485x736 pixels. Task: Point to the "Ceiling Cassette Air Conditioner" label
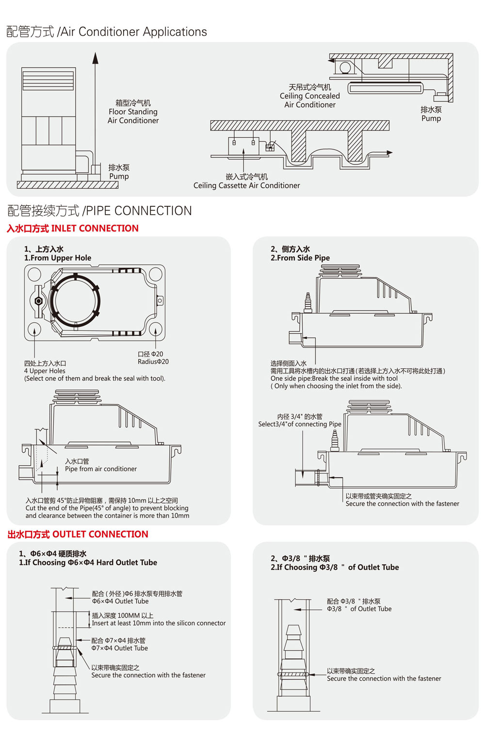(x=246, y=185)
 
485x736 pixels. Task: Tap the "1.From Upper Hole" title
(x=58, y=258)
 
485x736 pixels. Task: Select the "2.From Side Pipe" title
(x=300, y=258)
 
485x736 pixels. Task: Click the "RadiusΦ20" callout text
(x=153, y=361)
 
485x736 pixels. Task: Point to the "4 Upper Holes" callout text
(x=45, y=371)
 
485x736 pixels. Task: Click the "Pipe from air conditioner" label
(x=101, y=469)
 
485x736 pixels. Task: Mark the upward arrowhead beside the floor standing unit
(x=96, y=58)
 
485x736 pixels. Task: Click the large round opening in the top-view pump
(x=75, y=301)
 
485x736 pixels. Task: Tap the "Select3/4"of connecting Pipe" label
(x=300, y=424)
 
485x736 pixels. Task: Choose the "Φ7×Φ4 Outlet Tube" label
(x=120, y=648)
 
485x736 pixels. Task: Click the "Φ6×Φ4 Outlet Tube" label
(x=120, y=601)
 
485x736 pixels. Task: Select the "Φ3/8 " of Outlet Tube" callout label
(x=359, y=609)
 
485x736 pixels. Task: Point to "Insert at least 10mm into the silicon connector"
(x=159, y=623)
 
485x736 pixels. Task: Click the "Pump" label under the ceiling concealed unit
(x=431, y=118)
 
